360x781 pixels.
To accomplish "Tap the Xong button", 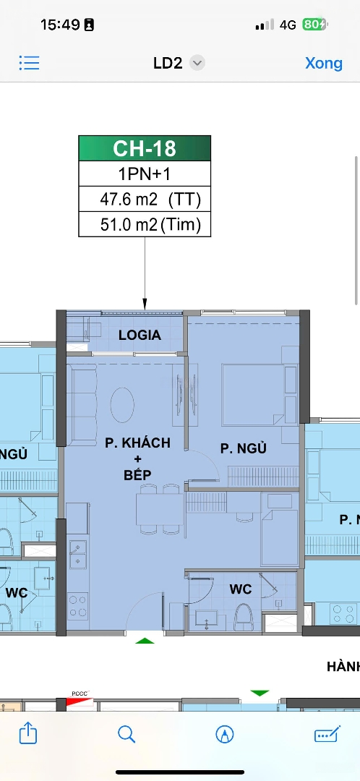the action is [324, 63].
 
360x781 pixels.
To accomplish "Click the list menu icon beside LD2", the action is [30, 63].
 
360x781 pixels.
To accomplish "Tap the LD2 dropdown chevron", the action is [197, 63].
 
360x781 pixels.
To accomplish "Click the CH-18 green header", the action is [145, 148].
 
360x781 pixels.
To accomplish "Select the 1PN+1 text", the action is [145, 174].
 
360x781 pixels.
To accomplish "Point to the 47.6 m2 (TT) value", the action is [150, 200].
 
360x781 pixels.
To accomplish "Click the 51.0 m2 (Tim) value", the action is [150, 225].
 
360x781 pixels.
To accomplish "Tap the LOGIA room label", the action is [140, 336].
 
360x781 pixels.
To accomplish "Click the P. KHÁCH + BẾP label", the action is [137, 458].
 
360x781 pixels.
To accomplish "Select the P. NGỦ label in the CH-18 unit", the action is [244, 448].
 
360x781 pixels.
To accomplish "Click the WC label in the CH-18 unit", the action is [241, 589].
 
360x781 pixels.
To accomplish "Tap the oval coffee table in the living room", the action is [122, 405].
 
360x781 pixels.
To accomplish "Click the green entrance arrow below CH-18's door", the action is [145, 641].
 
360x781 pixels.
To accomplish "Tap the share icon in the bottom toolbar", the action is [28, 733].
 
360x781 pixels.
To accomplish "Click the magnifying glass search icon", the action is [127, 734].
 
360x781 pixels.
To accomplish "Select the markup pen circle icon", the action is [225, 734].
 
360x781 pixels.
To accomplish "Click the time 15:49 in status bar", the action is [60, 25].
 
